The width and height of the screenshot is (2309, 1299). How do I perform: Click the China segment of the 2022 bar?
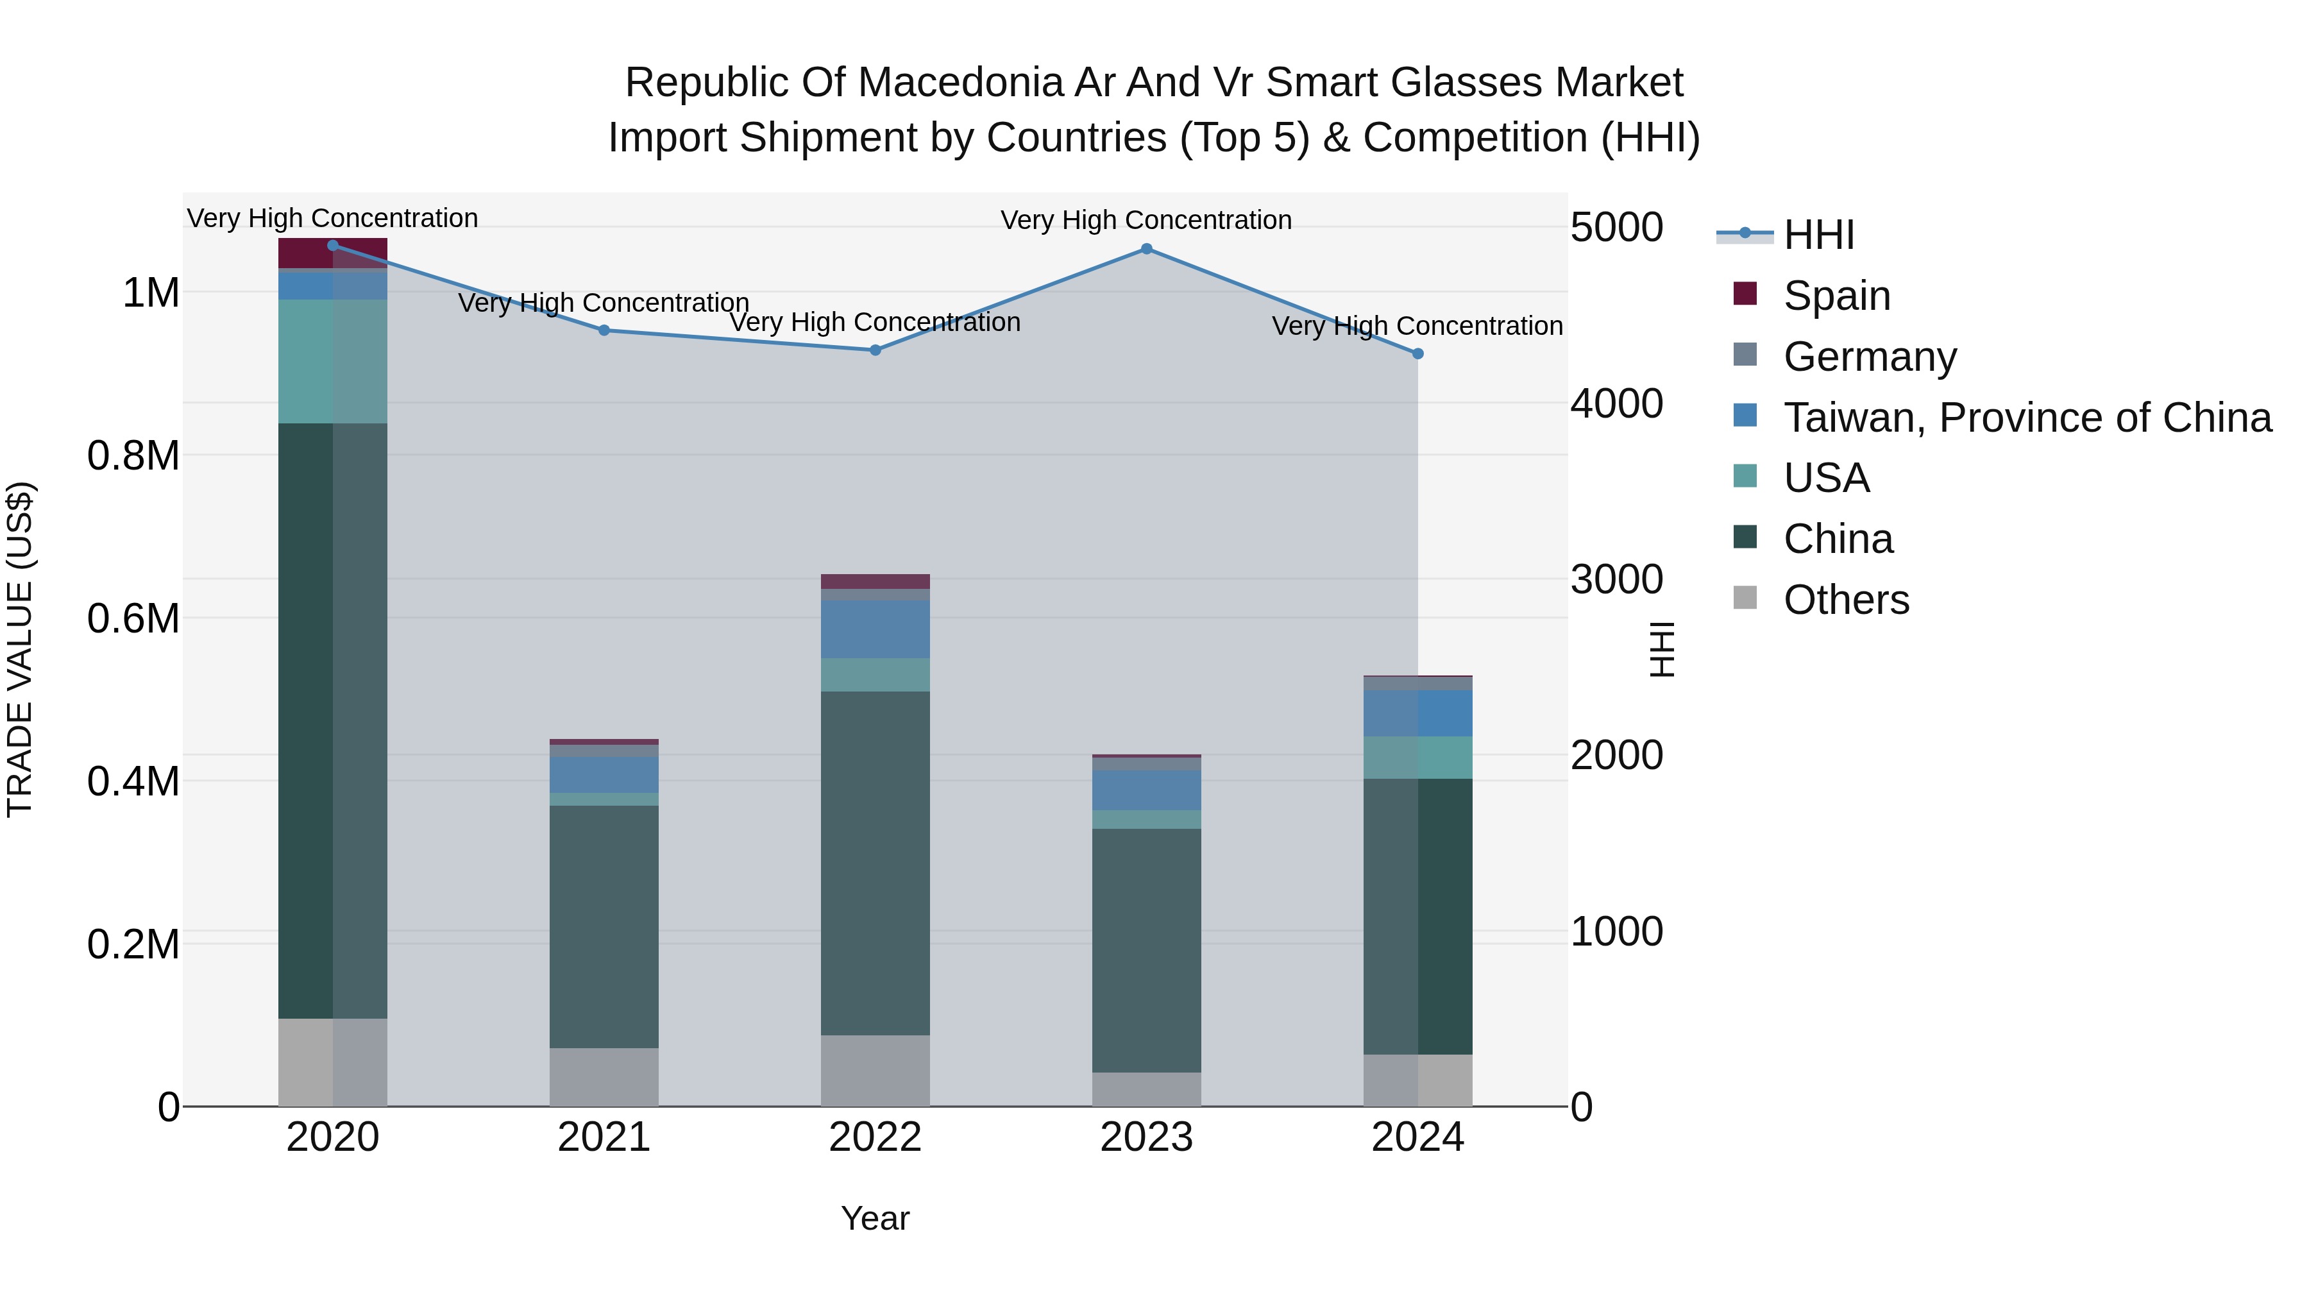click(875, 862)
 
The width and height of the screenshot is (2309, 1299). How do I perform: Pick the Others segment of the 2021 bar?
click(604, 1076)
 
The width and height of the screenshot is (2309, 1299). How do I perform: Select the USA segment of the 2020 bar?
click(332, 361)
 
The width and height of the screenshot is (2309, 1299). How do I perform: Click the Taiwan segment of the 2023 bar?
click(1146, 790)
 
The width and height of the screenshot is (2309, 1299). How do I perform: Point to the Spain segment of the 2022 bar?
click(875, 582)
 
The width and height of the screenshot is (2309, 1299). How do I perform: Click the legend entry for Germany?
click(1870, 357)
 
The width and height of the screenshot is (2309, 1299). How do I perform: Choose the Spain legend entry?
click(1837, 296)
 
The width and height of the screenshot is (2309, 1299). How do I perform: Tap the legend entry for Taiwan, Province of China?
click(2027, 418)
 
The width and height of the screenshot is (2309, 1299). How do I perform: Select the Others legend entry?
click(1845, 600)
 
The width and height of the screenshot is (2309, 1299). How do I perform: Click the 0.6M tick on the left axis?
click(133, 618)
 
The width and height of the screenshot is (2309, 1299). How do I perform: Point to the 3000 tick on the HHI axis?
click(1616, 579)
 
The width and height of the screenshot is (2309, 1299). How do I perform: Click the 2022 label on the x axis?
click(875, 1137)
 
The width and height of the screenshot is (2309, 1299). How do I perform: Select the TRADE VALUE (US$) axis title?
click(20, 649)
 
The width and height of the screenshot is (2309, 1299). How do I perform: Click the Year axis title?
click(875, 1218)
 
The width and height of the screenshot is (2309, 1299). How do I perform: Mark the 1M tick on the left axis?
click(151, 293)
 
